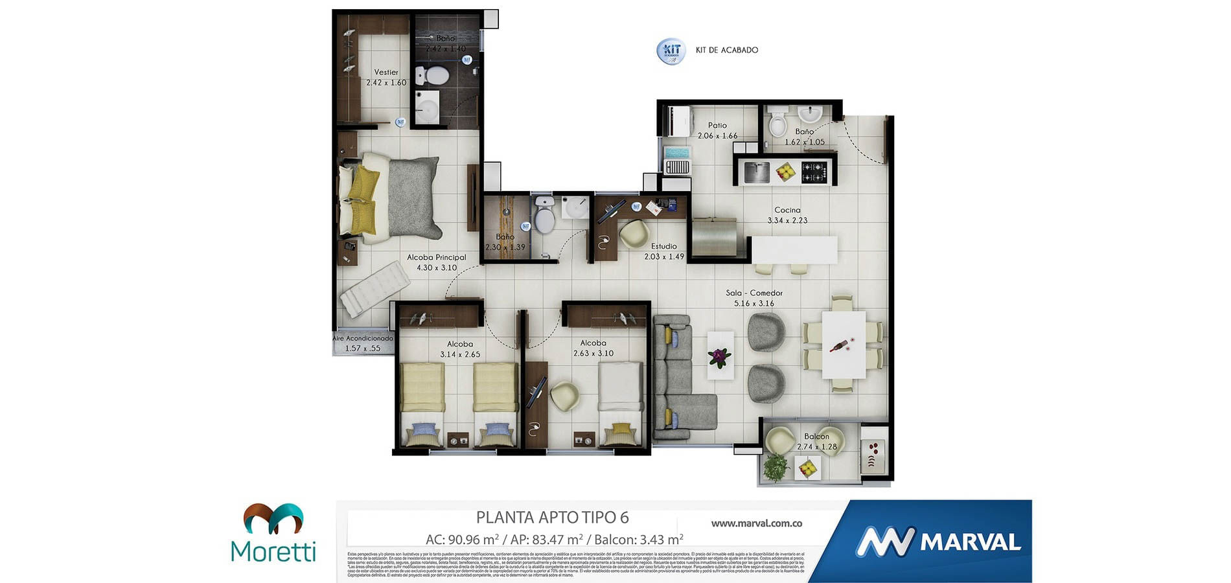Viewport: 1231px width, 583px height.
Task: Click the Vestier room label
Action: click(x=386, y=73)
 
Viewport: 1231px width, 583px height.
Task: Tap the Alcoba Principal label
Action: click(x=436, y=257)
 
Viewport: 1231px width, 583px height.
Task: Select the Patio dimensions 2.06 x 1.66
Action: click(x=717, y=136)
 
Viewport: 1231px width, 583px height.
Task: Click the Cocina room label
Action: click(x=787, y=210)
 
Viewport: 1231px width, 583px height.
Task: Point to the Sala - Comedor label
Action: click(x=754, y=293)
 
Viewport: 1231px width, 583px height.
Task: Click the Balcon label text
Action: click(x=816, y=437)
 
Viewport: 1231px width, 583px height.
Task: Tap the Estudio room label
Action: click(x=664, y=246)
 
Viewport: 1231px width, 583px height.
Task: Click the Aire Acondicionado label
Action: click(x=363, y=338)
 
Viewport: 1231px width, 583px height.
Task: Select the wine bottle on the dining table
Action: click(x=840, y=345)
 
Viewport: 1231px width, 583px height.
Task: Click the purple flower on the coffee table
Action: click(x=719, y=356)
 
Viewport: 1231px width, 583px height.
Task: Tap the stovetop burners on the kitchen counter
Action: click(x=814, y=172)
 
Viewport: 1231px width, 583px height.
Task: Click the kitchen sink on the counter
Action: click(x=756, y=172)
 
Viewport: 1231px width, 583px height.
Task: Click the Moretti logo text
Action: click(x=273, y=551)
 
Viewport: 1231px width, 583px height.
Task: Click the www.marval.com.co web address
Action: click(x=756, y=523)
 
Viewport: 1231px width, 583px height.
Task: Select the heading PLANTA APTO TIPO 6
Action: click(x=552, y=518)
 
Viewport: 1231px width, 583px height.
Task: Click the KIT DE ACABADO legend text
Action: click(x=726, y=50)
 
